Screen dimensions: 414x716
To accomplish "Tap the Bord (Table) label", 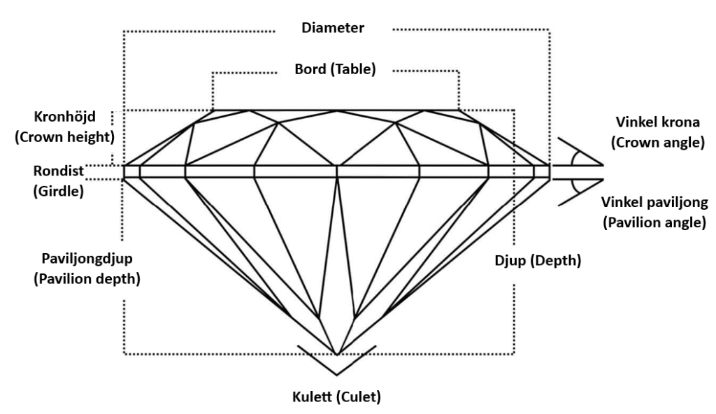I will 336,69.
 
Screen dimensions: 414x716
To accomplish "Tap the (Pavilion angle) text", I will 652,223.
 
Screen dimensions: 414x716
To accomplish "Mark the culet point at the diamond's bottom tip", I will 337,355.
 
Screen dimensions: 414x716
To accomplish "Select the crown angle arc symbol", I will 575,158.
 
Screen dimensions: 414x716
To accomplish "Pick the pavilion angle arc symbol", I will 575,185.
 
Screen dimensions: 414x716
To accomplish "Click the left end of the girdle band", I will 126,171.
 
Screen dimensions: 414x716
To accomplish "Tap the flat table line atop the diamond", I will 336,110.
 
